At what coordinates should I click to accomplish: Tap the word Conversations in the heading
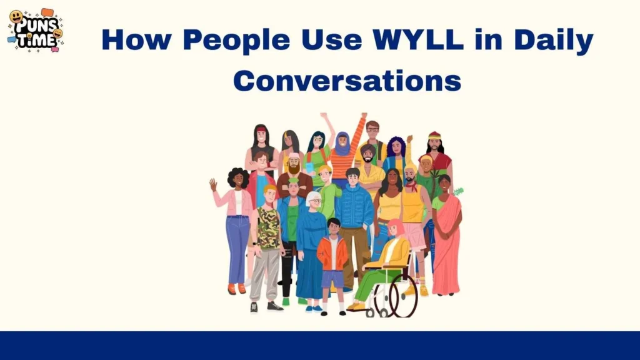[x=347, y=81]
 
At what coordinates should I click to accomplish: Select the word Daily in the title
[x=558, y=41]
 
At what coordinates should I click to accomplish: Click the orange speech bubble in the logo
[x=47, y=12]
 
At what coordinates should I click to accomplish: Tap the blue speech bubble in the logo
[x=12, y=39]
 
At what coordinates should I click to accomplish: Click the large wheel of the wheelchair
[x=403, y=295]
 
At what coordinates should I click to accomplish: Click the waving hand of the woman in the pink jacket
[x=213, y=184]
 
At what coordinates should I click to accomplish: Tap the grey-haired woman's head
[x=314, y=199]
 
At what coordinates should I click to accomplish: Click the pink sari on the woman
[x=446, y=250]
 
